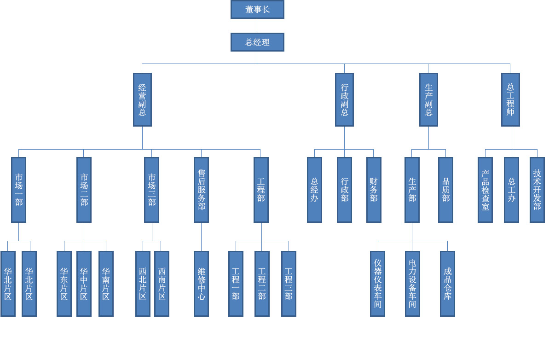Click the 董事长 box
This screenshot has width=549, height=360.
(x=257, y=9)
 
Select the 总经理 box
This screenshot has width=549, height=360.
(x=257, y=42)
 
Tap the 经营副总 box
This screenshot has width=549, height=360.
(x=142, y=99)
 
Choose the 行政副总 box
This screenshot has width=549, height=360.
(x=344, y=99)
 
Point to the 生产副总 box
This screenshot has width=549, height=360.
(x=428, y=99)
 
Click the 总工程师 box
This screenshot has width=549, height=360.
(x=510, y=99)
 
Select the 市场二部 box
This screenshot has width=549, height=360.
(x=84, y=190)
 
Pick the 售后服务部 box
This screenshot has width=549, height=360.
(x=201, y=190)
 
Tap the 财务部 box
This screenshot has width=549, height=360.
(x=374, y=190)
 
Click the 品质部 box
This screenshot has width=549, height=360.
(x=445, y=190)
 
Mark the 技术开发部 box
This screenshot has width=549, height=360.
(x=537, y=190)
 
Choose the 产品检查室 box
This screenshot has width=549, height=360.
(x=485, y=190)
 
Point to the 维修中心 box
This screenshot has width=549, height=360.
(x=201, y=284)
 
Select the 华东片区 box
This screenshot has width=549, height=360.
(x=64, y=284)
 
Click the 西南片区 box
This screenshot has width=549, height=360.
(x=162, y=284)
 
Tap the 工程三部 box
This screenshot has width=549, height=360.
(x=289, y=284)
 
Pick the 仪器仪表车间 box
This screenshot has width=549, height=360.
(x=377, y=284)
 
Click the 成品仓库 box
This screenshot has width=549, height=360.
(x=447, y=284)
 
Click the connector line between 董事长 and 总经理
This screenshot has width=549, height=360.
(x=257, y=26)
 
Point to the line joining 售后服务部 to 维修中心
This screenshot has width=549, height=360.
(x=201, y=237)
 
